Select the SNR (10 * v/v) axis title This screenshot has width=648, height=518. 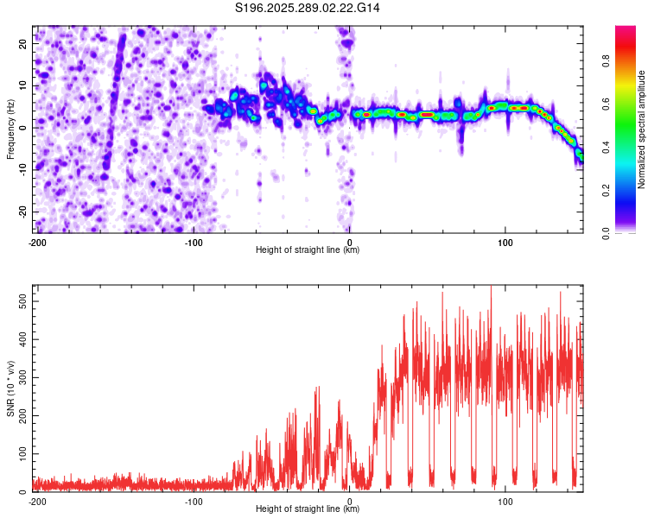[11, 388]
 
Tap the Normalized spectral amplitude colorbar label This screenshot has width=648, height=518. [642, 129]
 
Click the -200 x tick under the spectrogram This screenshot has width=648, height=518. [37, 241]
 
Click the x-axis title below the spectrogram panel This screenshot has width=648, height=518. [308, 250]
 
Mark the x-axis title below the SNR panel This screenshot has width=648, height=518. [308, 509]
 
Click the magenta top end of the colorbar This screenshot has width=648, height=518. [626, 29]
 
